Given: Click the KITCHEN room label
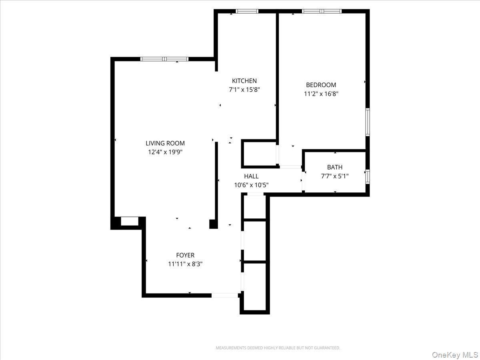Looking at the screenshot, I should pyautogui.click(x=244, y=81).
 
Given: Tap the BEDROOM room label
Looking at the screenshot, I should pyautogui.click(x=321, y=85).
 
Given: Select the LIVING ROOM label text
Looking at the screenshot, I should pyautogui.click(x=165, y=143).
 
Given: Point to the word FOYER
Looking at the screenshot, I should pyautogui.click(x=185, y=255).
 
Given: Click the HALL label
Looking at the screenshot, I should pyautogui.click(x=251, y=176).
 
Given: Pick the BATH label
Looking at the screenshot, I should pyautogui.click(x=335, y=167).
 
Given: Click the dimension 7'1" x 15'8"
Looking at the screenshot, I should pyautogui.click(x=244, y=90).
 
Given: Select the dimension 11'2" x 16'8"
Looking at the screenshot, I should pyautogui.click(x=321, y=94).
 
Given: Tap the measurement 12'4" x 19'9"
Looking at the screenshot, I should pyautogui.click(x=165, y=152).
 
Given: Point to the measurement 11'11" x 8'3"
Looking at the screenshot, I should pyautogui.click(x=185, y=264).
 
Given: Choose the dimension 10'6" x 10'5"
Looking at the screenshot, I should pyautogui.click(x=251, y=185).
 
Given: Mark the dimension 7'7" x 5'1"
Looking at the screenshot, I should pyautogui.click(x=335, y=176).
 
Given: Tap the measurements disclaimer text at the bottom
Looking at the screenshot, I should pyautogui.click(x=278, y=348).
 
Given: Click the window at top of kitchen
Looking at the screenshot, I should pyautogui.click(x=247, y=11).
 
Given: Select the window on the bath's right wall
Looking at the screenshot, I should pyautogui.click(x=367, y=176).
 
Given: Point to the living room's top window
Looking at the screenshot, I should pyautogui.click(x=164, y=59).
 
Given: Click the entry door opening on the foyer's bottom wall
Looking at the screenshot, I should pyautogui.click(x=224, y=296).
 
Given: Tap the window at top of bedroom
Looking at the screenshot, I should pyautogui.click(x=322, y=11).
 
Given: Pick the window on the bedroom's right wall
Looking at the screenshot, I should pyautogui.click(x=367, y=122).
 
